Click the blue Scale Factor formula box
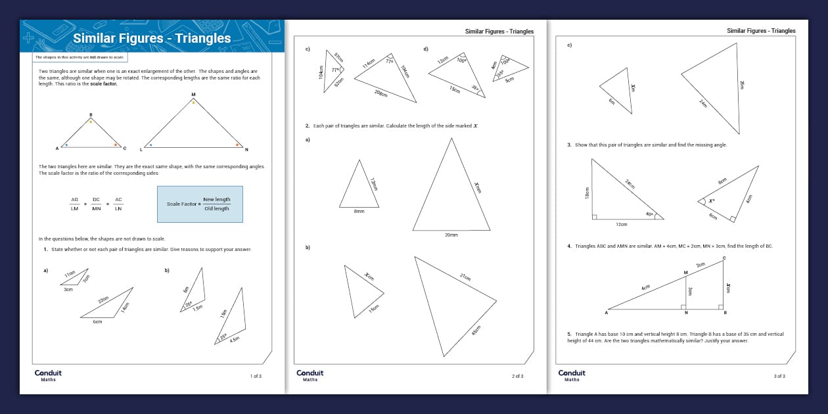click(200, 204)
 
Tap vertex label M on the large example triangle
click(193, 95)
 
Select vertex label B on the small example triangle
click(91, 115)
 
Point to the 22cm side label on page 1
click(103, 300)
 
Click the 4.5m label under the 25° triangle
click(234, 340)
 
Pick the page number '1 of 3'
click(256, 376)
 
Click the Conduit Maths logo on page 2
click(310, 375)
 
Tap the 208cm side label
click(380, 94)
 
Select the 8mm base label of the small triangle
click(358, 212)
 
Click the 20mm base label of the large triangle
click(451, 235)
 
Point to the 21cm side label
click(465, 277)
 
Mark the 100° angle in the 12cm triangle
click(461, 60)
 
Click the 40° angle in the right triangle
click(649, 214)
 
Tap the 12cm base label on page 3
click(622, 224)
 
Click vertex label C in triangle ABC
click(724, 258)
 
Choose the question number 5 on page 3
click(569, 334)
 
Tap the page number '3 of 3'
click(779, 376)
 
